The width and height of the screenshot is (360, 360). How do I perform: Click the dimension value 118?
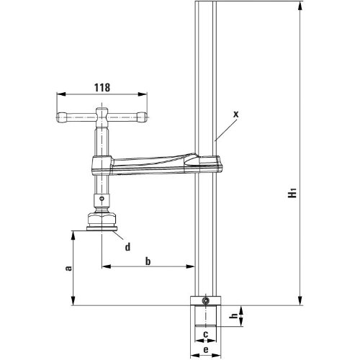click(x=102, y=88)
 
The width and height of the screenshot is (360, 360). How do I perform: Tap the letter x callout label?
click(x=236, y=114)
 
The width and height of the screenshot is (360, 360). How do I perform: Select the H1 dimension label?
click(x=292, y=193)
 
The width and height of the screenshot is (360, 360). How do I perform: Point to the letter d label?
click(x=127, y=246)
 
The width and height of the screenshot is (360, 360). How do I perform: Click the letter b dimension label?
click(x=148, y=261)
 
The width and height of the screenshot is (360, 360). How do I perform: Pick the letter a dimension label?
click(x=68, y=268)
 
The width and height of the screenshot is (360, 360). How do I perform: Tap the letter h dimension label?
click(x=233, y=316)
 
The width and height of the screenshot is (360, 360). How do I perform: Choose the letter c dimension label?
click(x=206, y=334)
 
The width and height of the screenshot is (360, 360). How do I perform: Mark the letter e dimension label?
click(x=206, y=350)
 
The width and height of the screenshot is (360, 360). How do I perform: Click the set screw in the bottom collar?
click(x=205, y=300)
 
